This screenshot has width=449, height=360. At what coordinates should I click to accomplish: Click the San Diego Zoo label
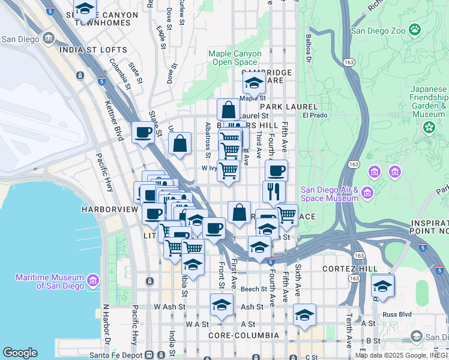pos(378,29)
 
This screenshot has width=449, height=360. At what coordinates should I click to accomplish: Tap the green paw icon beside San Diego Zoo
pos(415,29)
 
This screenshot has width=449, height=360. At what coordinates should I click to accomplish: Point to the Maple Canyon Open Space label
pos(235,58)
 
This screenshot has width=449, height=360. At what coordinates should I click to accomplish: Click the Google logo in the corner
pos(20,353)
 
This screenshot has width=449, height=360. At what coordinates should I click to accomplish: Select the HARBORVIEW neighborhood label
pos(106,210)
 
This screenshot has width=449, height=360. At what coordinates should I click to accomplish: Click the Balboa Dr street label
pos(309,51)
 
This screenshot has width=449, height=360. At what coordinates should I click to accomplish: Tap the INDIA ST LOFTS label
pos(93,50)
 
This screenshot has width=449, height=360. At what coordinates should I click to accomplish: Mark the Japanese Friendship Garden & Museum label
pos(429,101)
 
